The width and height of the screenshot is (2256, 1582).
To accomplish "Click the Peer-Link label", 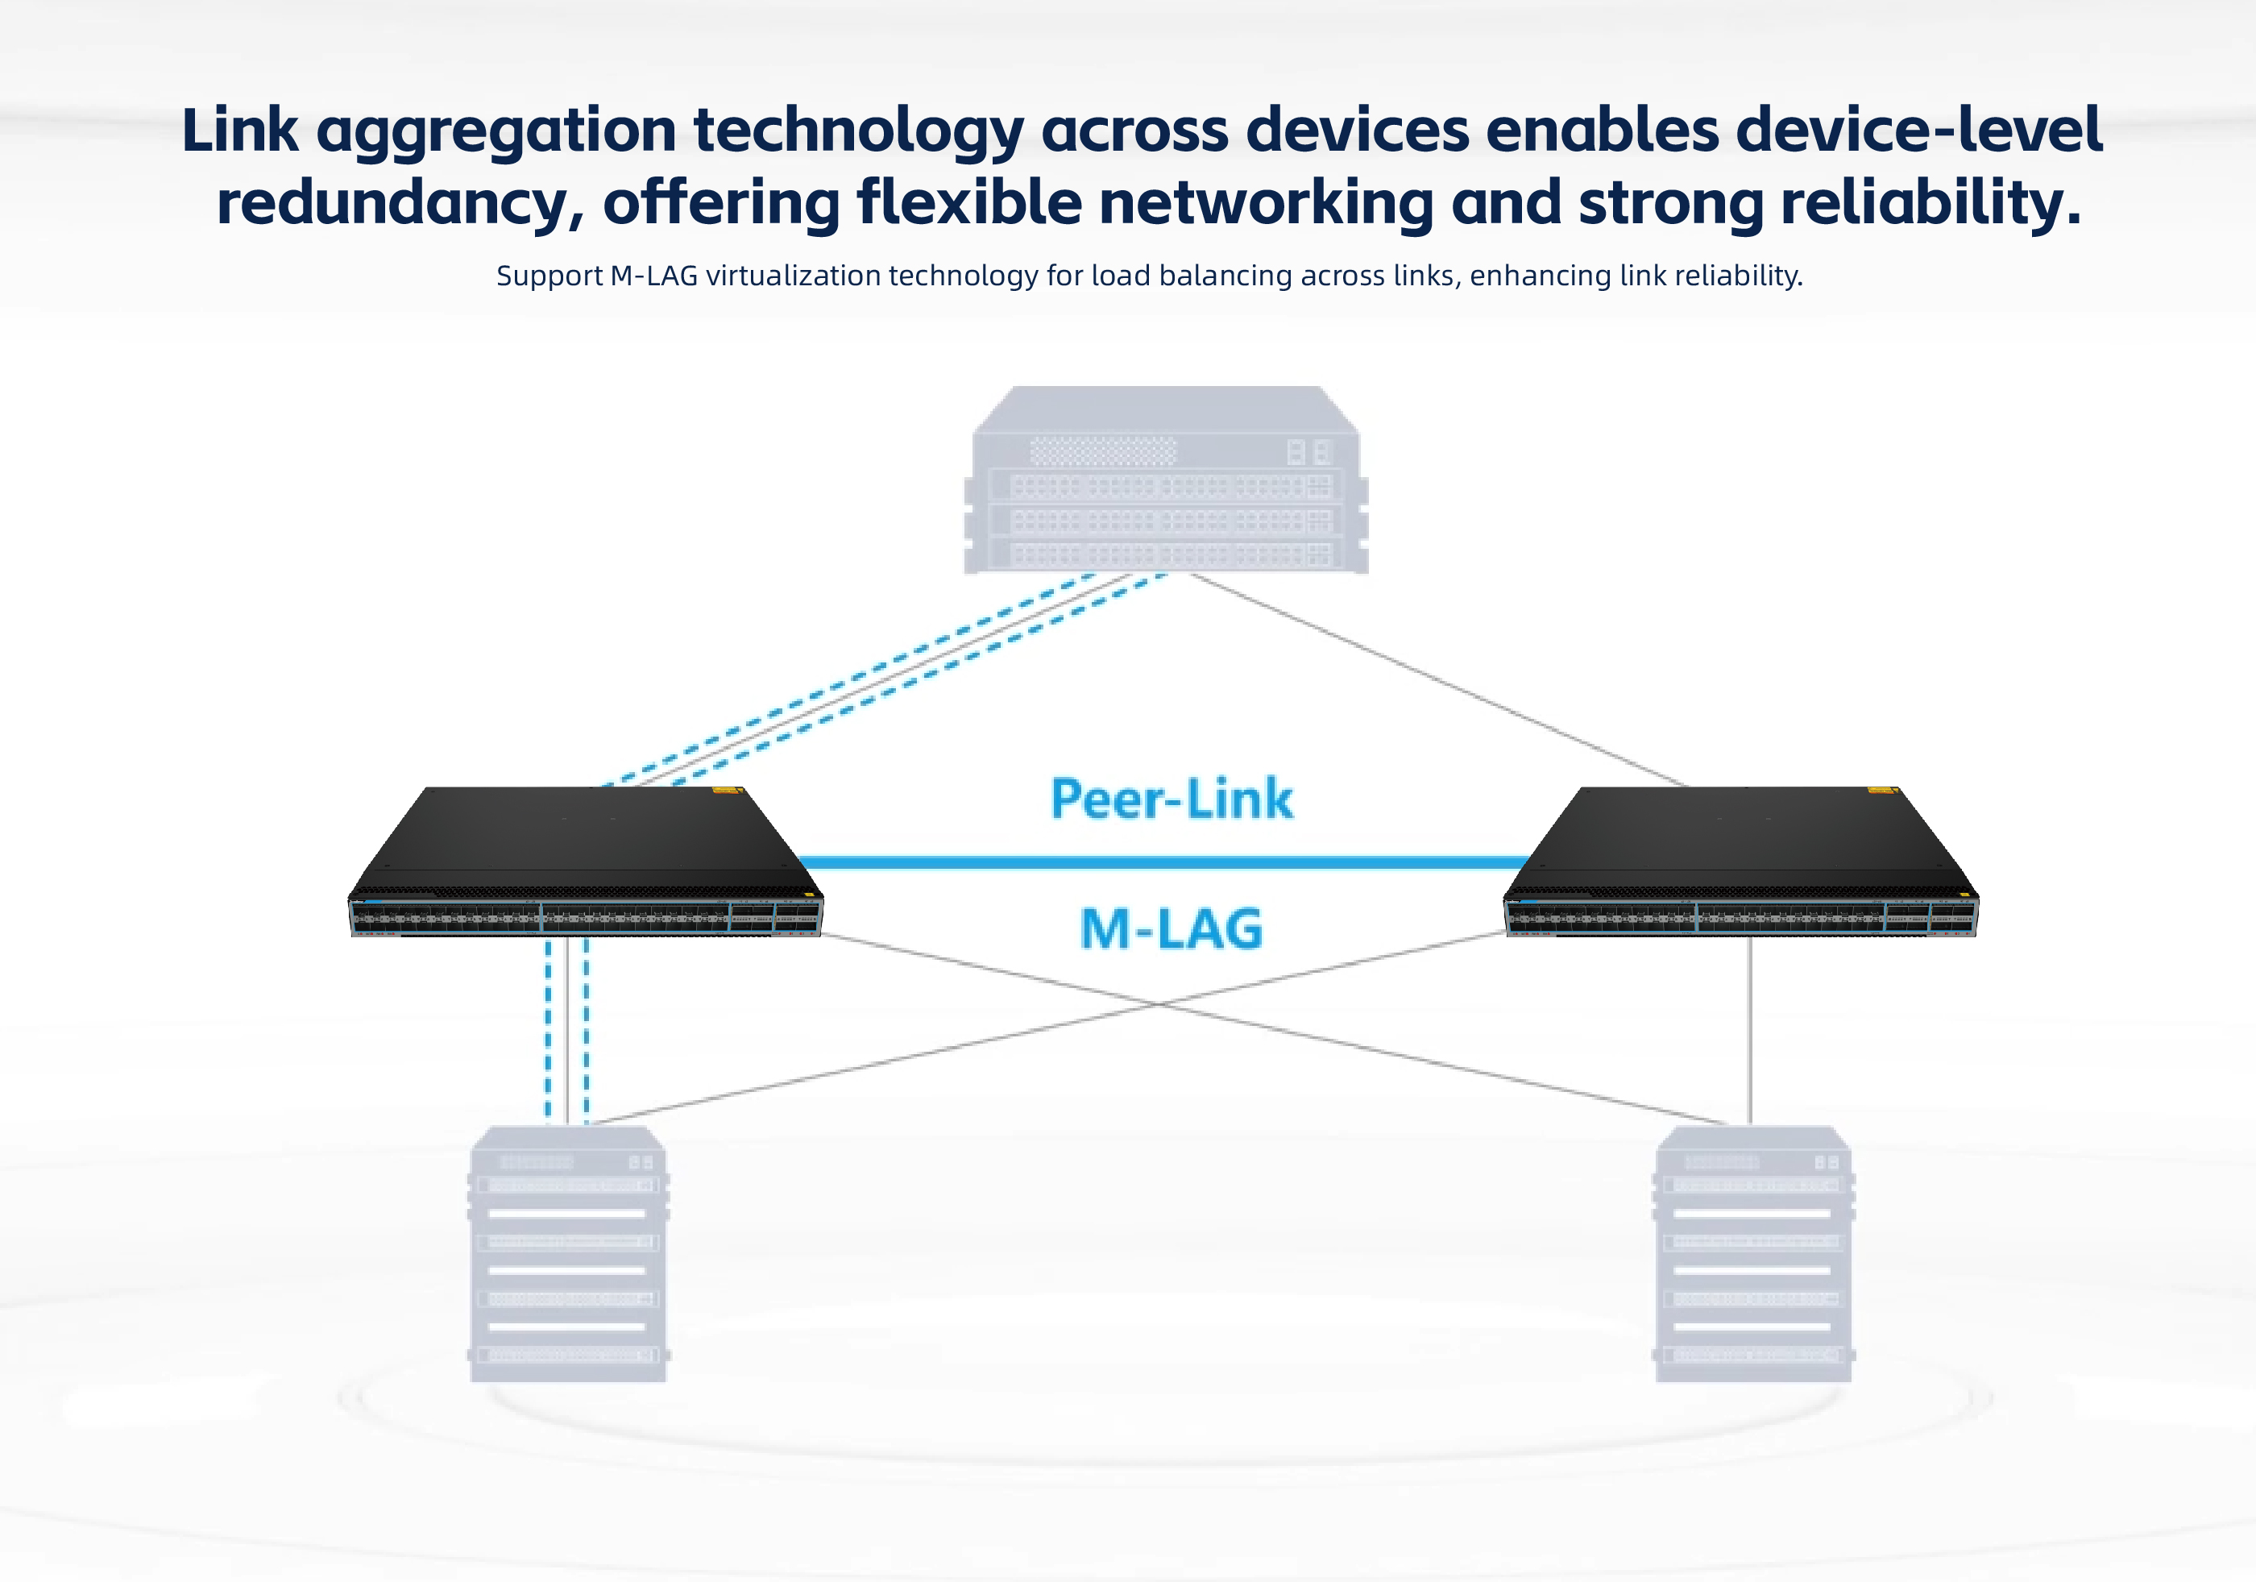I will coord(1172,798).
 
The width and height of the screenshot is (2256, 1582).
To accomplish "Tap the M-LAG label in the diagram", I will coord(1172,928).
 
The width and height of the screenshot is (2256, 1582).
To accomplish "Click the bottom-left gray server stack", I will coord(569,1254).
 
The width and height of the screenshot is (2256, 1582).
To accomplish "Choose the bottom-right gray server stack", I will coord(1753,1254).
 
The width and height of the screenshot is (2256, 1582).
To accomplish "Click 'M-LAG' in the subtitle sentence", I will coord(653,276).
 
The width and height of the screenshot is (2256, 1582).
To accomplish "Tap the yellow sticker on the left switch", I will coord(726,789).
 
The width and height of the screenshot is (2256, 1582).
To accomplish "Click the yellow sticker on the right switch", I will coord(1881,789).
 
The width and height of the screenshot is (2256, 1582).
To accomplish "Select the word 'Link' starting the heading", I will coord(240,131).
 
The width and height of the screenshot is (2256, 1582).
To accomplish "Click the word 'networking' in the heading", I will coord(1267,203).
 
